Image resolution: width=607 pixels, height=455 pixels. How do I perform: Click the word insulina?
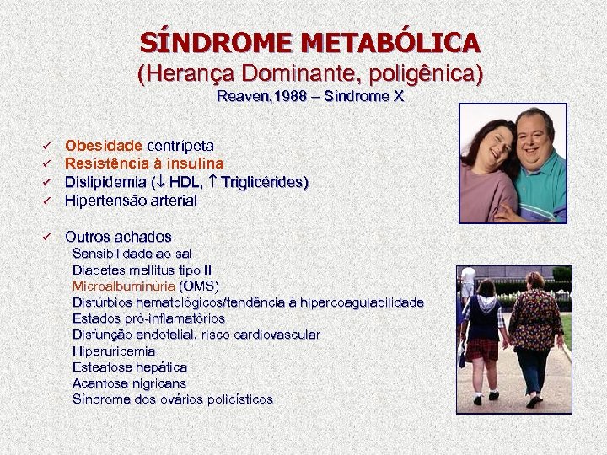pos(195,163)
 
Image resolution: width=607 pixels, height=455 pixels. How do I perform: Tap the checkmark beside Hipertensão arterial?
pos(48,201)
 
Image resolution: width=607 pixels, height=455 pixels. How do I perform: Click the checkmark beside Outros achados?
pos(48,237)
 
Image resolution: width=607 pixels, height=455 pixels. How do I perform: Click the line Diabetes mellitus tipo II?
pos(142,270)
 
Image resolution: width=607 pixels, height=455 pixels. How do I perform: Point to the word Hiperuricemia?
pos(114,351)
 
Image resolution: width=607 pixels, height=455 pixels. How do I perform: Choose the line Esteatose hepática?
pos(130,367)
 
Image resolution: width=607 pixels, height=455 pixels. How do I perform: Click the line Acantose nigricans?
pos(129,383)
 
